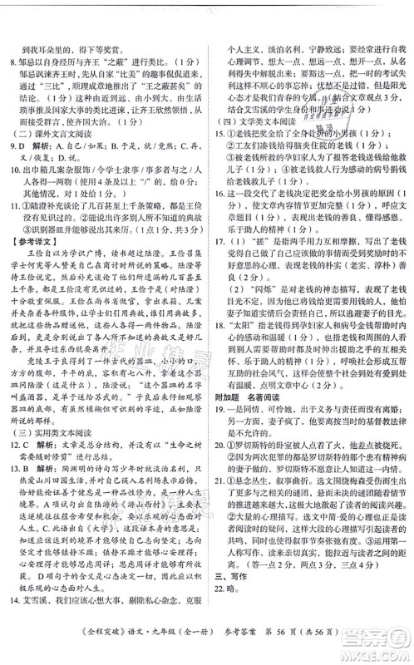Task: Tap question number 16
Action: tap(221, 216)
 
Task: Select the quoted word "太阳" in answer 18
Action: tap(245, 389)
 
